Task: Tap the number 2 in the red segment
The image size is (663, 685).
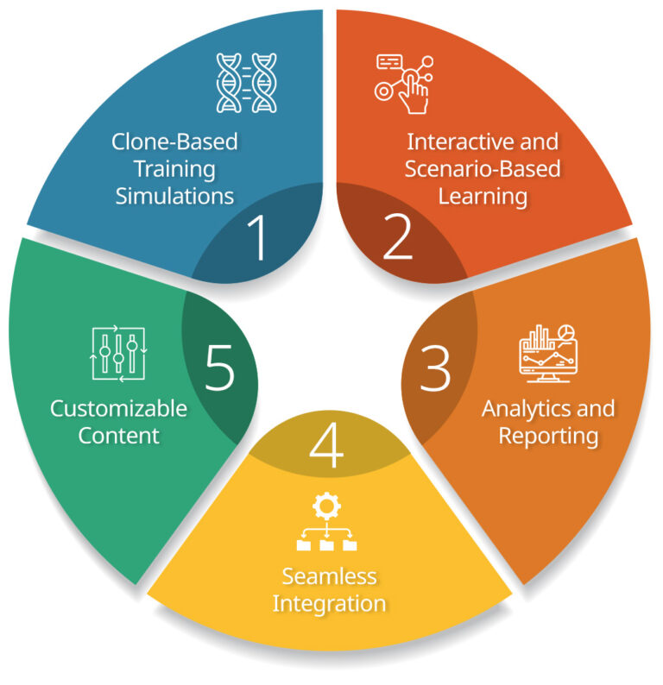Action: [397, 239]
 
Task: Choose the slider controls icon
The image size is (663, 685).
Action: [119, 354]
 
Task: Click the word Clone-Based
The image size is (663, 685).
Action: [174, 141]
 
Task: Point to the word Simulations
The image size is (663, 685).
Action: [174, 196]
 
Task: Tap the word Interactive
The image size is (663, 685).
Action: [483, 141]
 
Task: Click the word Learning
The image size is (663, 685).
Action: [483, 196]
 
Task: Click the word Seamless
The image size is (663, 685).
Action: [330, 575]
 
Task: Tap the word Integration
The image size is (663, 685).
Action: [330, 603]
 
